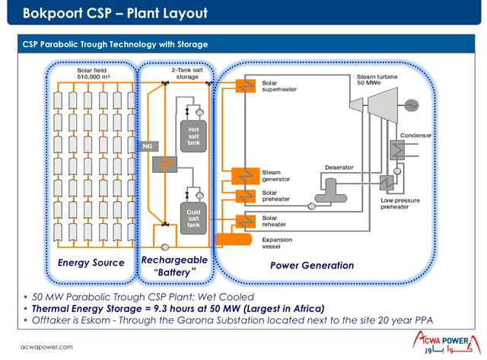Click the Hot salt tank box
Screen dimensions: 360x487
[x=193, y=135]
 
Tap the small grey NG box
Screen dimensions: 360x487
[x=148, y=145]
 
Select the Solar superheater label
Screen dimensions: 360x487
[x=279, y=85]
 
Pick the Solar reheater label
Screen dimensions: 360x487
[x=276, y=221]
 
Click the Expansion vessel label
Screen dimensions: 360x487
[x=278, y=244]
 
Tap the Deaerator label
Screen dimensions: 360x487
[x=339, y=166]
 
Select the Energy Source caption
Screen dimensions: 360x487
[x=91, y=263]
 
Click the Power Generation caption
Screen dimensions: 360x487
[x=312, y=266]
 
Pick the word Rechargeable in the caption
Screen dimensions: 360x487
[x=173, y=260]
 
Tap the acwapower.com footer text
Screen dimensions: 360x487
[x=46, y=346]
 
